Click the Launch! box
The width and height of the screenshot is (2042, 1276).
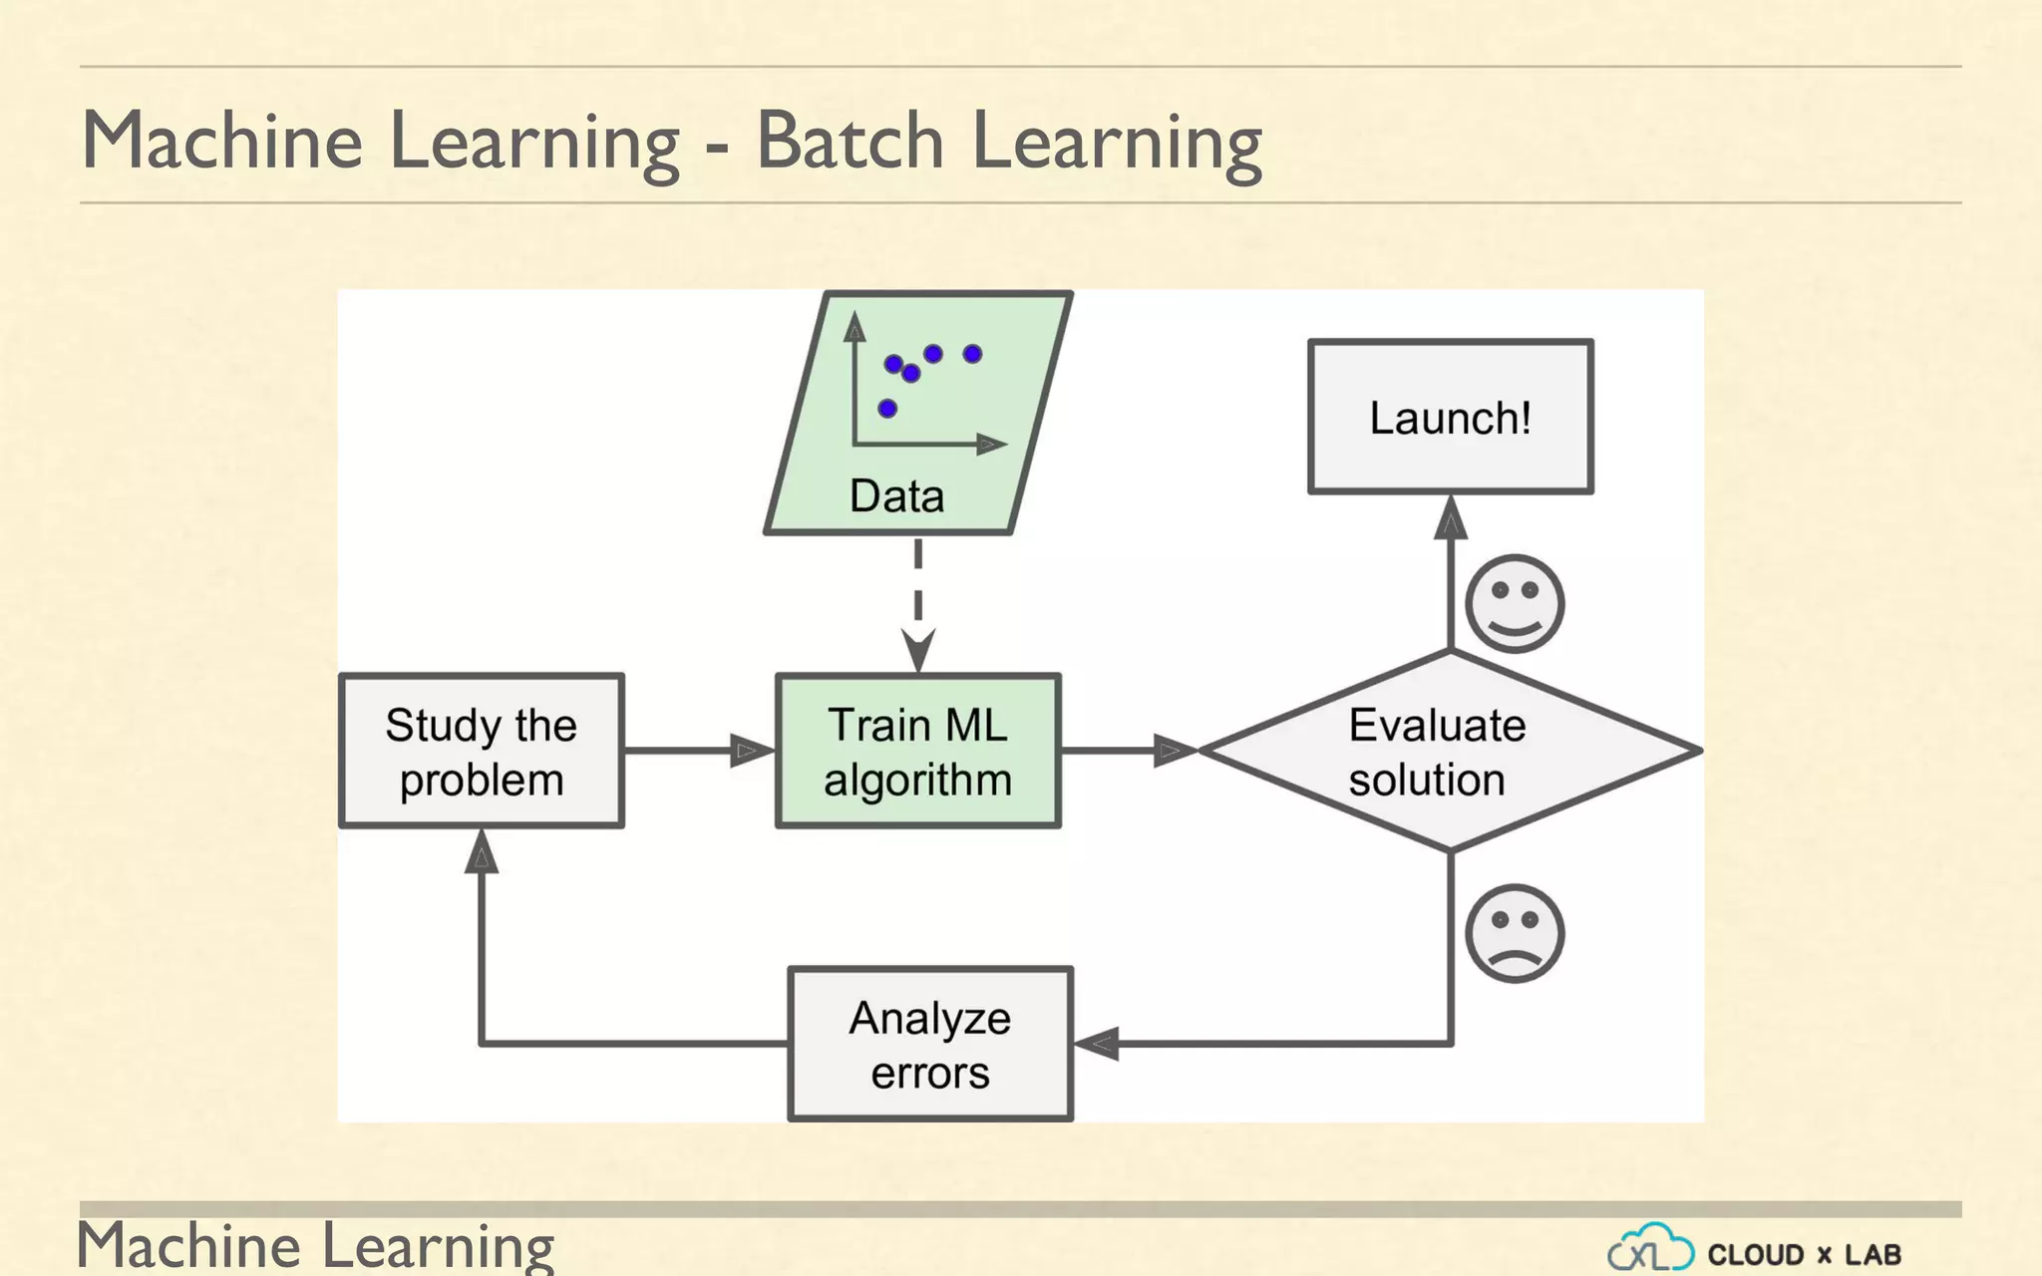pos(1450,417)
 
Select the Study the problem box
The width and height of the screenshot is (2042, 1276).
pos(481,751)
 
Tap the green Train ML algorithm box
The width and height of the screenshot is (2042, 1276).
pos(917,751)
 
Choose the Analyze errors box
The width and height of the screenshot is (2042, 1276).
pos(929,1044)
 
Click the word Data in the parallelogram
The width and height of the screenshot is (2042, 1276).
pos(896,495)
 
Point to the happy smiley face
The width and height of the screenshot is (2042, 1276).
pos(1515,603)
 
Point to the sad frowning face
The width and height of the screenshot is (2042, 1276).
pos(1515,933)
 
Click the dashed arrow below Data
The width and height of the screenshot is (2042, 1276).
pos(917,598)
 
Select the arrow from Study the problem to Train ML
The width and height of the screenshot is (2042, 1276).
pos(698,750)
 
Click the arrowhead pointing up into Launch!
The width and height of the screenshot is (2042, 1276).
pos(1450,518)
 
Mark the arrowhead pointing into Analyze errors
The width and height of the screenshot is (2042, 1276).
pos(1097,1044)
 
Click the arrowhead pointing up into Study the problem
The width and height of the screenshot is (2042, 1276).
pos(481,853)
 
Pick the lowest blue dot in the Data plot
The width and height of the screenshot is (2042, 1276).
pos(887,408)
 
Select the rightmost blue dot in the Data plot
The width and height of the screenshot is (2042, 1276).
pos(973,353)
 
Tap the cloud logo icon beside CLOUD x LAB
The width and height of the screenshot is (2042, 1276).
pos(1650,1249)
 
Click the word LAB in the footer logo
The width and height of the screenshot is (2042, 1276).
pos(1872,1254)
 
